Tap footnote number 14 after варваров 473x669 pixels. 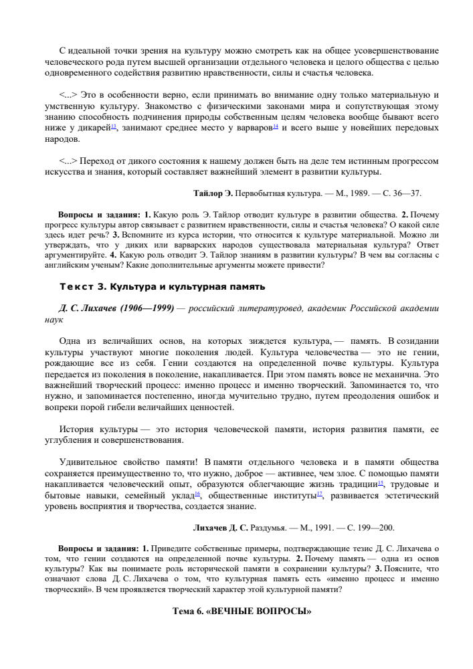click(x=276, y=125)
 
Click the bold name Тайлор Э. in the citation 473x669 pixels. click(x=213, y=193)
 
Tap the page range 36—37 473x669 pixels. click(x=409, y=193)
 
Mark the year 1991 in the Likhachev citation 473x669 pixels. click(x=313, y=528)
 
